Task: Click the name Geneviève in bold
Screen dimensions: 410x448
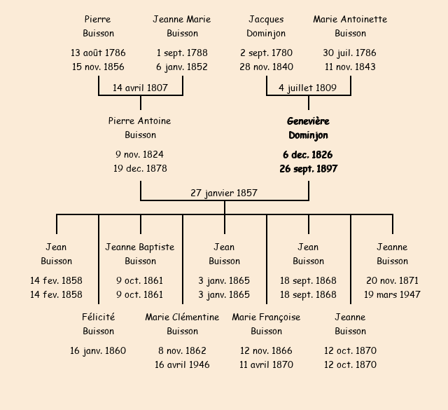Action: (308, 121)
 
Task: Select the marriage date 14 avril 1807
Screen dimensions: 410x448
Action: (141, 88)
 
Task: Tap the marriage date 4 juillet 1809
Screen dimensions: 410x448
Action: (307, 88)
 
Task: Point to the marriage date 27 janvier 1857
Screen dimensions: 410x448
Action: (224, 193)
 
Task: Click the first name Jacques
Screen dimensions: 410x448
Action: (266, 19)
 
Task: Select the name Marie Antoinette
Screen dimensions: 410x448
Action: (350, 19)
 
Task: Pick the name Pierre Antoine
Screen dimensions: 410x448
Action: (140, 121)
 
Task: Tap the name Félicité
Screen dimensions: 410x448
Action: (98, 317)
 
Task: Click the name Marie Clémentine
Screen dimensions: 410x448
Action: (182, 317)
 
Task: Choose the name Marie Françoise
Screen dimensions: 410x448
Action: (266, 317)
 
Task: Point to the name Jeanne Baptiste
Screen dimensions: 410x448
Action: (140, 247)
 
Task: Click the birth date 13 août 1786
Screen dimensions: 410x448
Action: (98, 53)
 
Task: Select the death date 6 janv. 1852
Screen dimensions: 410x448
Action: (182, 67)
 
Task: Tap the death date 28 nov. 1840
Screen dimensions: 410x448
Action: (266, 67)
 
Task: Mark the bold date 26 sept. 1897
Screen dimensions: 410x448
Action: (308, 168)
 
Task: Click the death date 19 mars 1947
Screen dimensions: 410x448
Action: (392, 294)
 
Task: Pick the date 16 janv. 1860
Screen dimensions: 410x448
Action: (98, 350)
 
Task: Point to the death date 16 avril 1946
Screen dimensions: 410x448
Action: (182, 364)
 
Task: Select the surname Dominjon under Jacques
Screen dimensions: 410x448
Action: (266, 33)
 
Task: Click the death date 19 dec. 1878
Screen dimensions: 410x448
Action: (140, 168)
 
